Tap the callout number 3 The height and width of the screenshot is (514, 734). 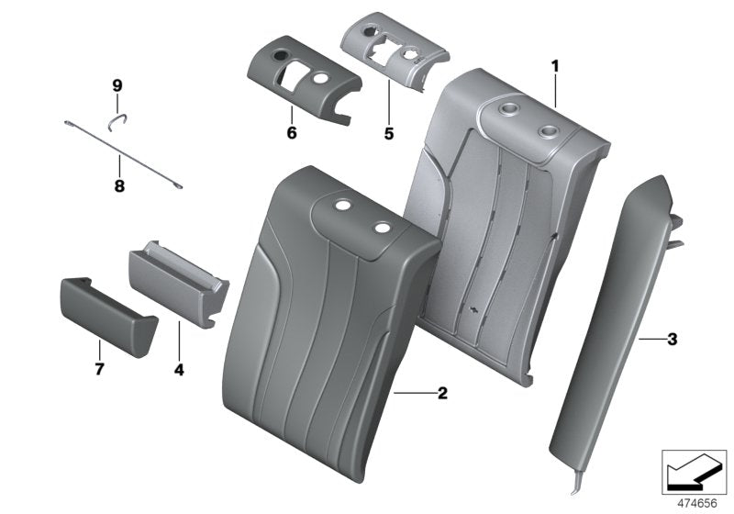click(672, 340)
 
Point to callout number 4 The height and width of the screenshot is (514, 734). click(179, 370)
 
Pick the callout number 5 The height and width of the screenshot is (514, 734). click(388, 133)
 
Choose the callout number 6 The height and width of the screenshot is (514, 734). click(291, 133)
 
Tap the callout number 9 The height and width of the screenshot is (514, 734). click(117, 85)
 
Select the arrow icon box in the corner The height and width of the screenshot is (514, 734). click(695, 469)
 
